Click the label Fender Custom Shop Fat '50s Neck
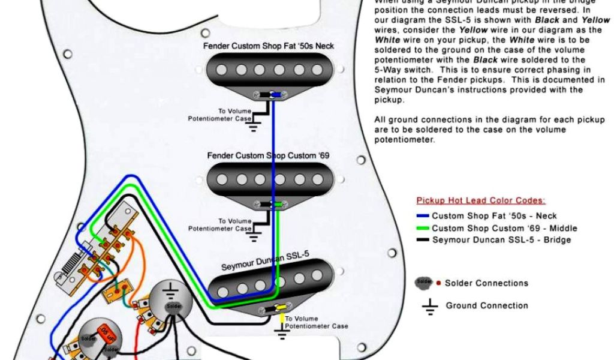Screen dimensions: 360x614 pos(268,46)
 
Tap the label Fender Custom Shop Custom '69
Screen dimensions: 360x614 pos(268,155)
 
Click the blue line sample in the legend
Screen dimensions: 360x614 pos(423,216)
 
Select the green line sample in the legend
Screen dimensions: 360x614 pos(423,228)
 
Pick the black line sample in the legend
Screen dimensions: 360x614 pos(423,240)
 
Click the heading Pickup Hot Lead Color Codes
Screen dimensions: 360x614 pos(481,201)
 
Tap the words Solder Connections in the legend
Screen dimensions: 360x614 pos(486,283)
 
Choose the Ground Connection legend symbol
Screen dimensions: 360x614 pos(429,307)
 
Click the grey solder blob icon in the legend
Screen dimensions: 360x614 pos(424,281)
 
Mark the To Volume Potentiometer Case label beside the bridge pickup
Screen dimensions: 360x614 pos(316,323)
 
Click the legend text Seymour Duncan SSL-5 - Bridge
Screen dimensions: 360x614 pos(501,240)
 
